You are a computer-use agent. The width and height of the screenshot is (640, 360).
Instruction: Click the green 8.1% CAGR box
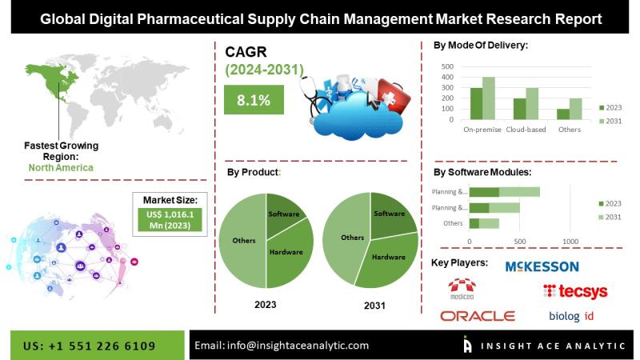coord(254,99)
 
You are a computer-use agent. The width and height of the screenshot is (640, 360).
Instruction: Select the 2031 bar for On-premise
coord(489,98)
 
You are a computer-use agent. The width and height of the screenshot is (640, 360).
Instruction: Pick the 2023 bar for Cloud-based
coord(519,109)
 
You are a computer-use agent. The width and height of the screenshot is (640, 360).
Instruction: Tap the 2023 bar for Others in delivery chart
coord(563,114)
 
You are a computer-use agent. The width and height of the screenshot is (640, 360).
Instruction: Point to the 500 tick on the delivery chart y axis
coord(447,66)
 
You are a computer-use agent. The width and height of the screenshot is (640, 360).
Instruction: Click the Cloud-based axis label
coord(526,130)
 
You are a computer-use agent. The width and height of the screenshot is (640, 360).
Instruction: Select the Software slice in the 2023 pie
coord(284,214)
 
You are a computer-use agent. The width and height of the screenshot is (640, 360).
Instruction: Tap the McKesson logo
coord(542,267)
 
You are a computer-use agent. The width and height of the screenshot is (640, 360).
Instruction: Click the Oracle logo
coord(478,316)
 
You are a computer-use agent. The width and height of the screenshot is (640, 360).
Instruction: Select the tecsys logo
coord(575,291)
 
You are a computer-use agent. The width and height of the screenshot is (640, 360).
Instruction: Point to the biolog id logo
coord(571,316)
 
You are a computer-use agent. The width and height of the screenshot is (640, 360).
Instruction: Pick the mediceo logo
coord(462,289)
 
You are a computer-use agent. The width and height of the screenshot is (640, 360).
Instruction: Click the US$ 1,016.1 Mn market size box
coord(170,220)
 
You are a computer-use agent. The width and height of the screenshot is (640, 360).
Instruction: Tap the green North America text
coord(61,168)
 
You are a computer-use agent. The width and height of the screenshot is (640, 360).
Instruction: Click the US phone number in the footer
coord(90,346)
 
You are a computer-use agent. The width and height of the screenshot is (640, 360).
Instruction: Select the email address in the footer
coord(282,346)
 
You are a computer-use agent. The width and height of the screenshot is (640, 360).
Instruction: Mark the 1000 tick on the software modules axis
coord(570,242)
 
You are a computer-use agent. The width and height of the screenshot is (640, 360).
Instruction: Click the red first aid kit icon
coord(393,97)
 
